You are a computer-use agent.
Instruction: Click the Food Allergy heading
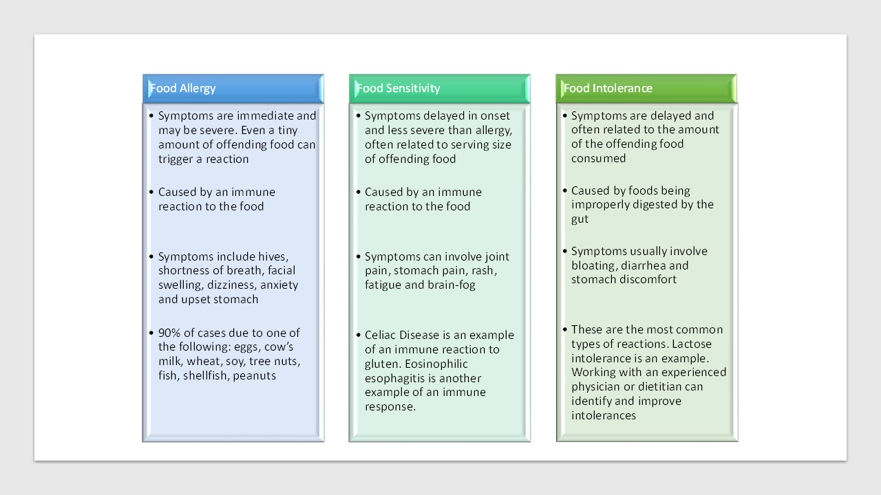tap(183, 89)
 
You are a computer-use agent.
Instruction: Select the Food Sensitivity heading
tap(398, 89)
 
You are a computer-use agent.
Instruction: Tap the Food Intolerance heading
tap(608, 89)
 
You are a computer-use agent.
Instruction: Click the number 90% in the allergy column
tap(169, 333)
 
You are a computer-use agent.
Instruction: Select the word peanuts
tap(255, 376)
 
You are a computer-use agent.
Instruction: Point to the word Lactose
tap(692, 344)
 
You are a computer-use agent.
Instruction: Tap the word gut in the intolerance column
tap(580, 219)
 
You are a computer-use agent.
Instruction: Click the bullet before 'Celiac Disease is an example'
tap(359, 335)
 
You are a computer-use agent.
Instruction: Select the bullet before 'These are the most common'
tap(565, 329)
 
